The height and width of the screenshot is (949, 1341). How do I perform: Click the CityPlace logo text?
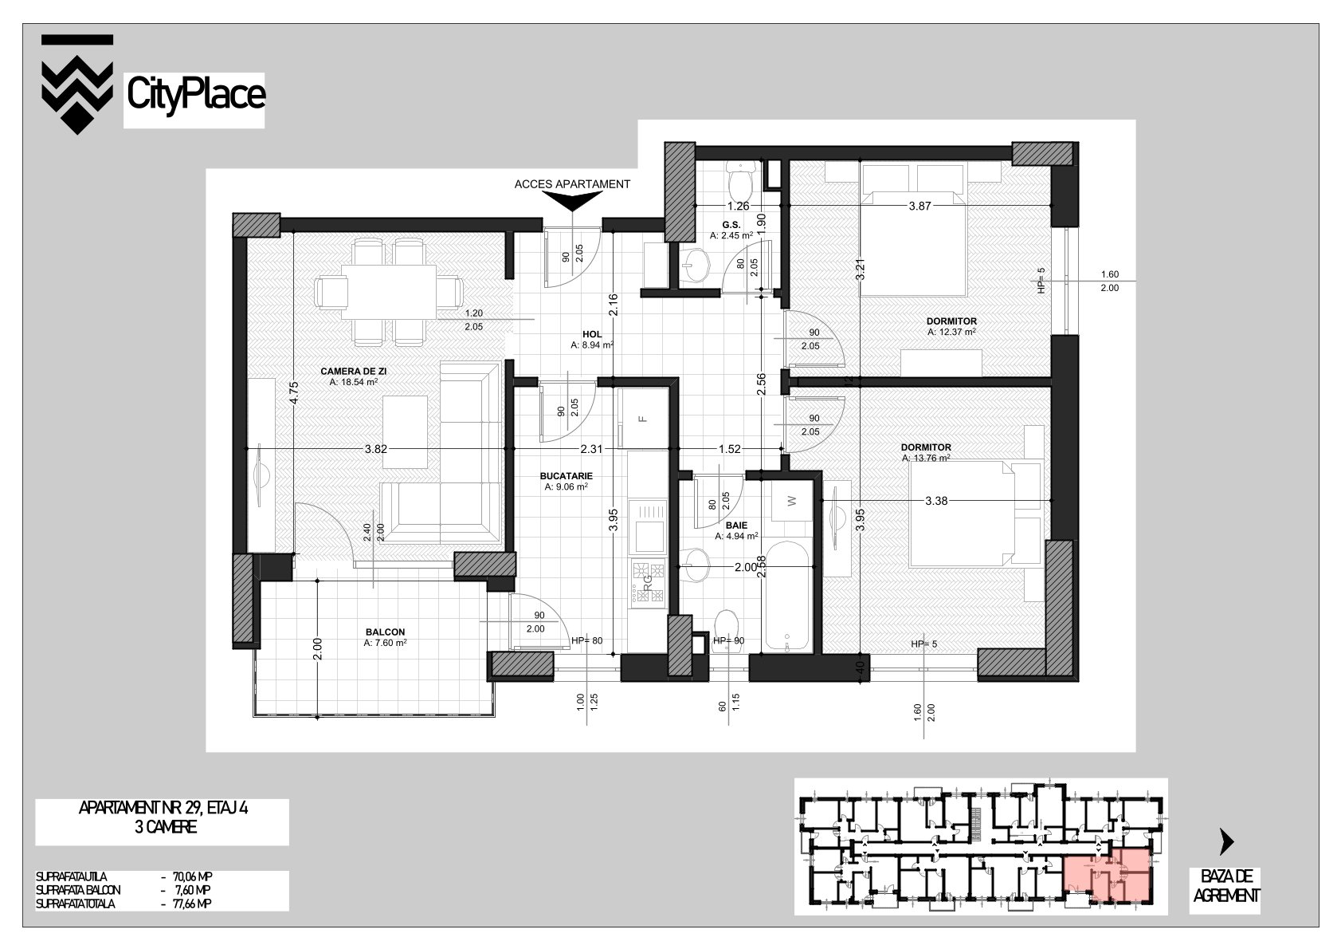(x=196, y=95)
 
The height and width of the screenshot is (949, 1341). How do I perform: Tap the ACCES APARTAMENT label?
(x=572, y=184)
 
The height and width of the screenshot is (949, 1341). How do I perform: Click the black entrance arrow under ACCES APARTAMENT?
(x=572, y=202)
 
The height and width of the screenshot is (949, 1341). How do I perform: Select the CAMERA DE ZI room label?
(x=353, y=372)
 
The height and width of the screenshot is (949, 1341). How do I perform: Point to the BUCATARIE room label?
(x=567, y=476)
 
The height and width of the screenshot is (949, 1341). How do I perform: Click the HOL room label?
(x=592, y=334)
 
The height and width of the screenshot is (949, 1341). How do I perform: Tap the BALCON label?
(x=386, y=632)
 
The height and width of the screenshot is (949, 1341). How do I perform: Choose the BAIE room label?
(x=736, y=526)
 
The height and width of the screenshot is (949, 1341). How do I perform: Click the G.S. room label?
(x=731, y=225)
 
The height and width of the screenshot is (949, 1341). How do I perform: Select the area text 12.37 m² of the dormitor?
(x=951, y=332)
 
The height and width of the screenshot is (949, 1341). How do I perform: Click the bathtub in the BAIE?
(x=787, y=597)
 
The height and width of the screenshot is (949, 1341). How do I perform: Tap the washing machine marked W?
(x=792, y=501)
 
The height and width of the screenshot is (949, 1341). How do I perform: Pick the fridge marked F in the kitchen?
(x=643, y=418)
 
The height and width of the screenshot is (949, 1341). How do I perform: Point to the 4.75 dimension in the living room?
(x=293, y=393)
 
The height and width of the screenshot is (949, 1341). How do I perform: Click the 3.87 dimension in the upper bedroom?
(x=920, y=206)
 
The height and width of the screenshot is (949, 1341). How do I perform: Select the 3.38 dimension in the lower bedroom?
(x=936, y=501)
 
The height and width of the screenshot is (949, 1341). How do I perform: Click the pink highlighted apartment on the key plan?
(x=1107, y=876)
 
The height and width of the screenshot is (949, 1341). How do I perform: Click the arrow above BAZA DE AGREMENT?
(x=1226, y=842)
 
